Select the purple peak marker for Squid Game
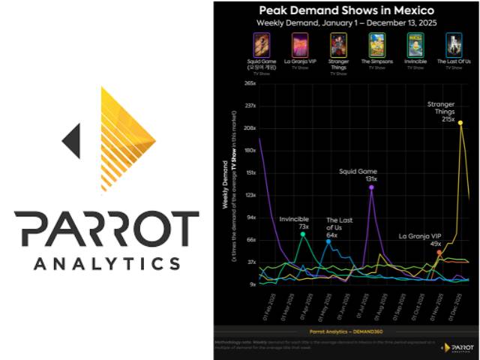coord(371,187)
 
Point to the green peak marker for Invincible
coord(303,235)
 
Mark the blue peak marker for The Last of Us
coord(328,241)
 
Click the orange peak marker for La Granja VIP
coord(439,253)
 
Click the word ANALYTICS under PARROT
coord(106,263)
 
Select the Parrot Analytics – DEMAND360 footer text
coord(344,331)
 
